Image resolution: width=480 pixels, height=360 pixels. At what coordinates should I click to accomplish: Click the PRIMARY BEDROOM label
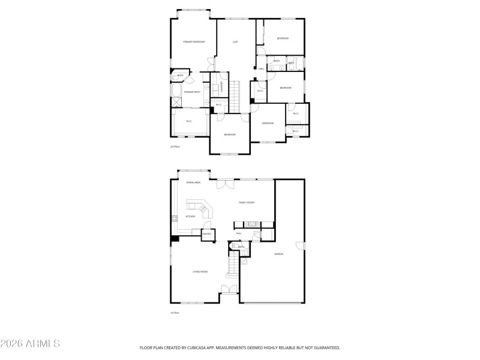click(194, 42)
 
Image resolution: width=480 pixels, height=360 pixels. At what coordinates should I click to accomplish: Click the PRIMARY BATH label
click(192, 92)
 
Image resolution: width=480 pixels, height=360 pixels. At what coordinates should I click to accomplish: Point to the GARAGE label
click(278, 254)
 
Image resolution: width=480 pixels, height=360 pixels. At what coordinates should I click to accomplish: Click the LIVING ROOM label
click(200, 272)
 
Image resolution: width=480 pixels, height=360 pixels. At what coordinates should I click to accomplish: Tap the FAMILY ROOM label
click(247, 203)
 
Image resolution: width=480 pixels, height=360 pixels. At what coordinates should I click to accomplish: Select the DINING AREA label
click(193, 182)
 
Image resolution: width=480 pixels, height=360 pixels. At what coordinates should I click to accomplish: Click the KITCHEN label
click(190, 217)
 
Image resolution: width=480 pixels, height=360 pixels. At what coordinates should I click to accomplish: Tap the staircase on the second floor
click(236, 96)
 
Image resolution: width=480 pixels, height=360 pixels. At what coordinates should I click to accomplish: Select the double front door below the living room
click(229, 290)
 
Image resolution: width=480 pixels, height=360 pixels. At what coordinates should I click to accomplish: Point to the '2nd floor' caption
click(175, 146)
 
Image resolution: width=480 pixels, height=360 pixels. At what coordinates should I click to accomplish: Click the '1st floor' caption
click(175, 313)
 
